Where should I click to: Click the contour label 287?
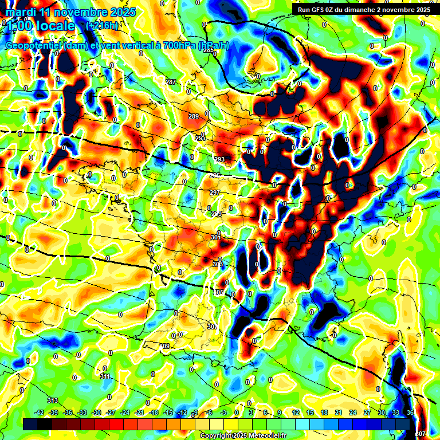point(170,82)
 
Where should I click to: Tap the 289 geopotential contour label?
point(194,117)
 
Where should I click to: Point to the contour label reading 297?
point(214,192)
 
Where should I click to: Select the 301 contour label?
point(215,237)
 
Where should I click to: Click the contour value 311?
point(105,376)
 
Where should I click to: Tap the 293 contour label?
point(219,159)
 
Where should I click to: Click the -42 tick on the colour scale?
point(40,412)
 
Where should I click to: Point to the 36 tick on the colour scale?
point(410,412)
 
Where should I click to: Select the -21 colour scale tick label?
point(139,412)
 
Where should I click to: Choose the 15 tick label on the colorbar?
point(309,412)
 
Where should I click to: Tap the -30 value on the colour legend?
point(96,412)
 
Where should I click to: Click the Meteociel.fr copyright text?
point(267,436)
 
